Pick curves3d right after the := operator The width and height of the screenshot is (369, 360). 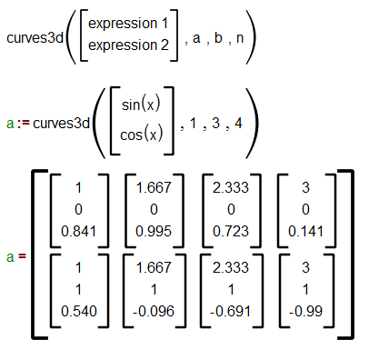(x=62, y=122)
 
